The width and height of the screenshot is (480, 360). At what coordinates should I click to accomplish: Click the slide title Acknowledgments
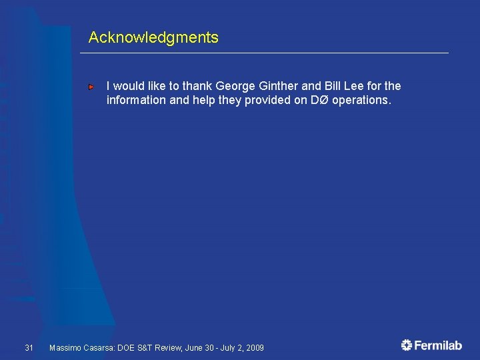pyautogui.click(x=153, y=37)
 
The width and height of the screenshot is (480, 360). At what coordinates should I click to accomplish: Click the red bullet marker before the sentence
pyautogui.click(x=92, y=87)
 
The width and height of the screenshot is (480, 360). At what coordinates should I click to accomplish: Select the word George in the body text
pyautogui.click(x=236, y=86)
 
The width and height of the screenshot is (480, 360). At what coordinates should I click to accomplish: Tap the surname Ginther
pyautogui.click(x=279, y=86)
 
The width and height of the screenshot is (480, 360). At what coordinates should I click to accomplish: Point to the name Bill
pyautogui.click(x=334, y=86)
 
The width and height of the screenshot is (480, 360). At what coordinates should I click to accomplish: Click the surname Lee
pyautogui.click(x=359, y=86)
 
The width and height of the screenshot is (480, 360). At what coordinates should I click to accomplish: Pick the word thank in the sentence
pyautogui.click(x=196, y=86)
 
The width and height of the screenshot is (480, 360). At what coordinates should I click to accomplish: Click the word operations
pyautogui.click(x=366, y=101)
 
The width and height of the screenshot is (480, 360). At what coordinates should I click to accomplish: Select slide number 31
pyautogui.click(x=29, y=347)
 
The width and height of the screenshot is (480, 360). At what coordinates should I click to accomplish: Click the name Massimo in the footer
pyautogui.click(x=65, y=348)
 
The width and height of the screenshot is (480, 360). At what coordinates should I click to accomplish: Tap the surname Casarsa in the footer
pyautogui.click(x=98, y=348)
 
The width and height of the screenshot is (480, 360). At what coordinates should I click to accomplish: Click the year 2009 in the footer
pyautogui.click(x=254, y=348)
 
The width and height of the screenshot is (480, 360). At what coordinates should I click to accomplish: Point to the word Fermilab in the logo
pyautogui.click(x=438, y=345)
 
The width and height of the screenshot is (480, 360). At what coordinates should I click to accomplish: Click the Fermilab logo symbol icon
pyautogui.click(x=407, y=345)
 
